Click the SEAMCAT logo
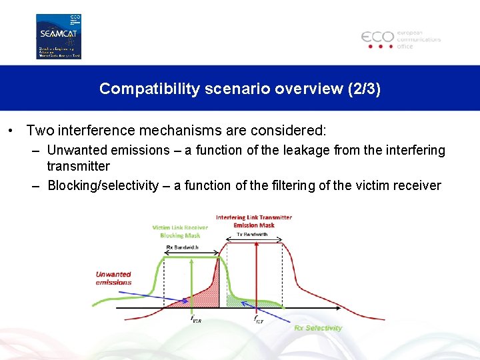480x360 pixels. click(58, 36)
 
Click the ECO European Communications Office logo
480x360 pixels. click(401, 39)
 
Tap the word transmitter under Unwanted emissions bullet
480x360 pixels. click(78, 166)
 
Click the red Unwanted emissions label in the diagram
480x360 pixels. click(113, 278)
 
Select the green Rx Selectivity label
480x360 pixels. click(318, 327)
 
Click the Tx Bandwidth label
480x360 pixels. click(252, 235)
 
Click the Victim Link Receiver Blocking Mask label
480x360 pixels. click(180, 231)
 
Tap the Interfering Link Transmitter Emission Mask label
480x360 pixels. click(253, 221)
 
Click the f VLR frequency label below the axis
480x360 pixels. click(197, 319)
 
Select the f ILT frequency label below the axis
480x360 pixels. click(259, 319)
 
